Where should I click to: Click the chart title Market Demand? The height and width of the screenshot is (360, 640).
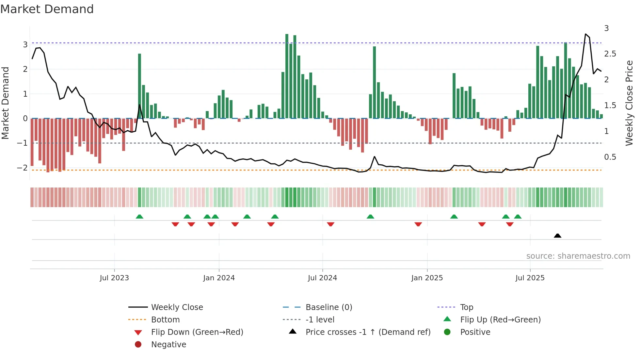pos(47,9)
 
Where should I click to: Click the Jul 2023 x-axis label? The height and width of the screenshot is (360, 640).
pos(114,278)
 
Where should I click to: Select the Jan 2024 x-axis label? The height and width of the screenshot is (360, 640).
pos(219,278)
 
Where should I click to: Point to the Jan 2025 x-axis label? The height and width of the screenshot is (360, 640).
pos(427,278)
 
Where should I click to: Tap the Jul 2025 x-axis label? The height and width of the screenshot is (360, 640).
pos(530,278)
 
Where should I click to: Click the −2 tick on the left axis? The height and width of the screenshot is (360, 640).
pos(22,168)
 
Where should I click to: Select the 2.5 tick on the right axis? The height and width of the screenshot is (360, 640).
pos(610,54)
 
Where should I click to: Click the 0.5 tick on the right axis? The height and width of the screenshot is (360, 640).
pos(610,157)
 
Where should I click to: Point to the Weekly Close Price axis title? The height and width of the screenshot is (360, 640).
pos(629,103)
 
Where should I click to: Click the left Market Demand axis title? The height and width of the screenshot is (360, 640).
pos(5,103)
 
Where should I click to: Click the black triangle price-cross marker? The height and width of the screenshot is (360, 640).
pos(557,236)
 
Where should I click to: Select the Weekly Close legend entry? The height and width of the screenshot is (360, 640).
pos(177,307)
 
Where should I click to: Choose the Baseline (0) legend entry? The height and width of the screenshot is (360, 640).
pos(328,307)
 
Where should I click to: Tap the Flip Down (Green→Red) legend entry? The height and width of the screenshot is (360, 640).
pos(197,332)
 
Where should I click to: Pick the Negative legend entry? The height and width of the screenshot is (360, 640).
pos(168,345)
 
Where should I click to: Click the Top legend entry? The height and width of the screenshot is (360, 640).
pos(466,307)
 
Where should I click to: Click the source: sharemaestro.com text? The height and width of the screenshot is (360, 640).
pos(578,256)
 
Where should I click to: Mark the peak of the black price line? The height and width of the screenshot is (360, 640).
pos(585,34)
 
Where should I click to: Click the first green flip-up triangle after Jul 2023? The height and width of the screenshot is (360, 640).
pos(139,217)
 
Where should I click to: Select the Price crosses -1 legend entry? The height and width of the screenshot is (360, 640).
pos(368,332)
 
